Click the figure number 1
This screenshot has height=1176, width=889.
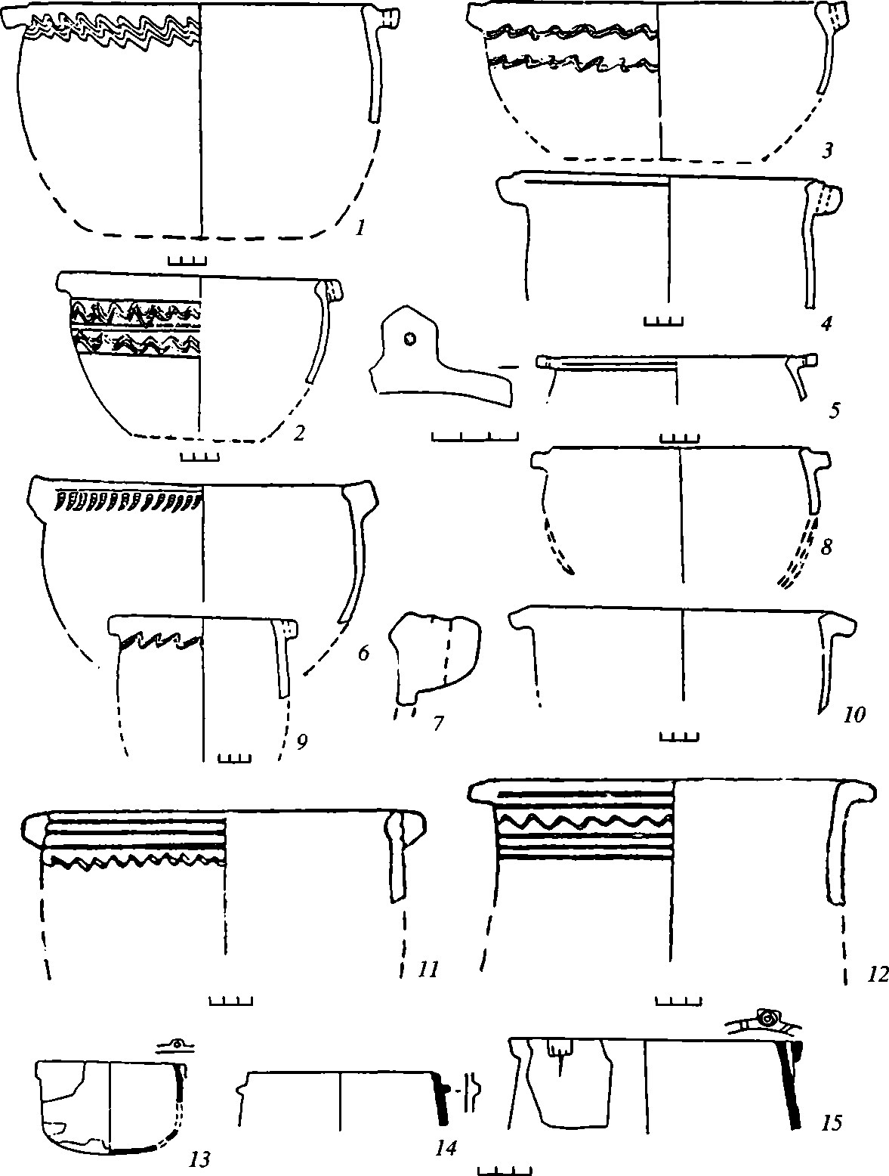pyautogui.click(x=362, y=225)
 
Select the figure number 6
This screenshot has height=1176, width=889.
pyautogui.click(x=363, y=653)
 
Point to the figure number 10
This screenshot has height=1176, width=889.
pyautogui.click(x=854, y=713)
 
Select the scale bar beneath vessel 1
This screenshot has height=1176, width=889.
pyautogui.click(x=187, y=262)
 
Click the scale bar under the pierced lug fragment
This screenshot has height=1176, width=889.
pyautogui.click(x=474, y=436)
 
